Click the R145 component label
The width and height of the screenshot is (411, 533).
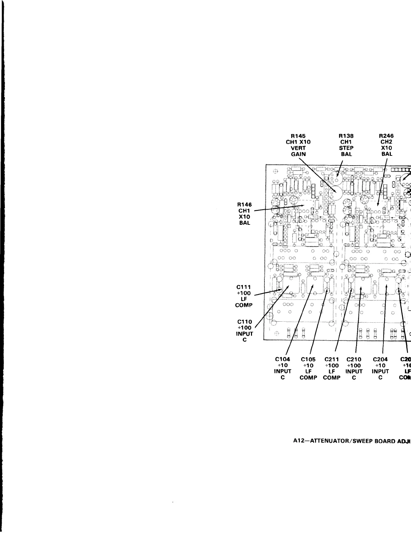pyautogui.click(x=298, y=136)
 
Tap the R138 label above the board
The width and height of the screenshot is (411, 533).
pyautogui.click(x=346, y=136)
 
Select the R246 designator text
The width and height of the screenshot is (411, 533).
pyautogui.click(x=386, y=136)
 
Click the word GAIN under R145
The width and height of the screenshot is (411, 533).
pyautogui.click(x=298, y=154)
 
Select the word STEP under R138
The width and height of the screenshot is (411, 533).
pyautogui.click(x=346, y=148)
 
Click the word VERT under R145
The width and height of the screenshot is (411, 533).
pyautogui.click(x=298, y=148)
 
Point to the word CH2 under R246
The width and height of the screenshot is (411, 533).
pyautogui.click(x=386, y=142)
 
